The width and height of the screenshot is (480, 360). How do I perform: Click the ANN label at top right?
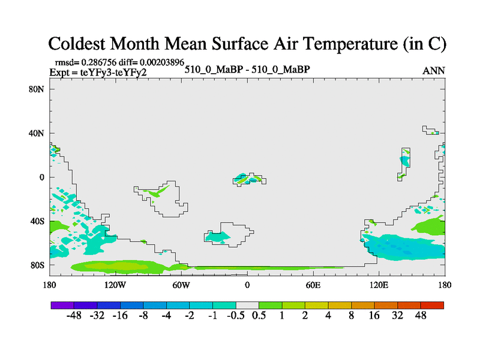pos(434,71)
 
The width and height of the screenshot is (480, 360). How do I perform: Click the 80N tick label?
pos(37,89)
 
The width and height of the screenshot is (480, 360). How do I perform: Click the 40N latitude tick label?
pos(37,133)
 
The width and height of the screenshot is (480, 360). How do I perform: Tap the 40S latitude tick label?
pos(37,221)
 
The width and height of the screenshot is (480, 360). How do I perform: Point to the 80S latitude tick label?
pos(37,265)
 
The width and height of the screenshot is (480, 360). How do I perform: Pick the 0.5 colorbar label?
pos(259,316)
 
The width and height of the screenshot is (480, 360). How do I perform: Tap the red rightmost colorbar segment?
pos(433,305)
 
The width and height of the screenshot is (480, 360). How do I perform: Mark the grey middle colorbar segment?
pos(247,305)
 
